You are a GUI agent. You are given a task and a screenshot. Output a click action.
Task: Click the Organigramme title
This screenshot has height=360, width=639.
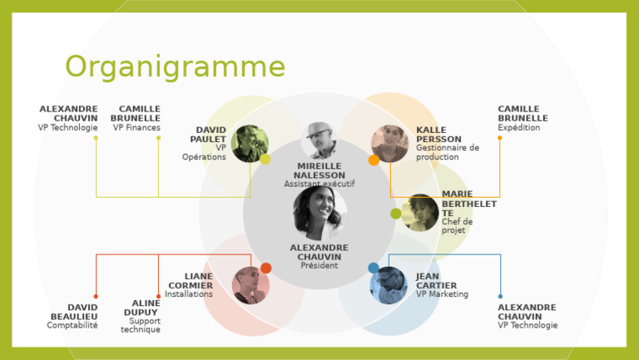(x=175, y=67)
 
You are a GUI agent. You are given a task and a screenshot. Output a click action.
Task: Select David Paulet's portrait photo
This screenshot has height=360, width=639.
(x=250, y=143)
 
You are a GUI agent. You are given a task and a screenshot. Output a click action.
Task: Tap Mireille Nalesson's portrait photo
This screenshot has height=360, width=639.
(x=319, y=140)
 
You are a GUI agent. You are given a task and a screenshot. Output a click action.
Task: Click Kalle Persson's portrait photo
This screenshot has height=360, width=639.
(x=389, y=143)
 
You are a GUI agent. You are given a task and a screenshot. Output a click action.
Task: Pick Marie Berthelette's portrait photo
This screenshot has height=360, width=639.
(x=420, y=213)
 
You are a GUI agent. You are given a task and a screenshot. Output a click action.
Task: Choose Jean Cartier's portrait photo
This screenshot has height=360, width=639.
(x=388, y=284)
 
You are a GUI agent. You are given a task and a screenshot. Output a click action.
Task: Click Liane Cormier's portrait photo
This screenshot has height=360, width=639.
(x=250, y=284)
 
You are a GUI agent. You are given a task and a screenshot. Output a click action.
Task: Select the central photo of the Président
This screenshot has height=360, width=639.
(x=319, y=213)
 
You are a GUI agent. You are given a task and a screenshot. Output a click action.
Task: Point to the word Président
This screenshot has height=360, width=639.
(x=319, y=266)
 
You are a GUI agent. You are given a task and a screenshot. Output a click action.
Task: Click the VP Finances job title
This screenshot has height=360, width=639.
(x=136, y=128)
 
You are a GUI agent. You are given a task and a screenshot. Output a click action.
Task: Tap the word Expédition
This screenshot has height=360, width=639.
(x=519, y=128)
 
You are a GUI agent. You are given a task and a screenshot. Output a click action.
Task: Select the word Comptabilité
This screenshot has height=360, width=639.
(x=72, y=326)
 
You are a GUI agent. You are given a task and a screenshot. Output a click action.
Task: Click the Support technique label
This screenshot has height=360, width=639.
(x=141, y=325)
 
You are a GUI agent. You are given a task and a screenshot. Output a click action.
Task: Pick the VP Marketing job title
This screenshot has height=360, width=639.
(x=442, y=294)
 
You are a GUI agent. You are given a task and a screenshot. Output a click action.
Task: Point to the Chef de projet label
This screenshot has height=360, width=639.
(x=457, y=226)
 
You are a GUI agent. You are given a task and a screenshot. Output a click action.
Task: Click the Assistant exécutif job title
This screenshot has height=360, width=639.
(x=319, y=185)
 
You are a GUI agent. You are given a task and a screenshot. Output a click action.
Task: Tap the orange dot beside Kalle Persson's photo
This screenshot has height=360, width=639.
(x=374, y=160)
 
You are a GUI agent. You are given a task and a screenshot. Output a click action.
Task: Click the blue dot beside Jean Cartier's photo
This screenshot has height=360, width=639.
(x=374, y=268)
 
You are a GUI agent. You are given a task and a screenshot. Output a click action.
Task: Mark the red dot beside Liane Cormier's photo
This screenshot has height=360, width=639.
(x=266, y=268)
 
